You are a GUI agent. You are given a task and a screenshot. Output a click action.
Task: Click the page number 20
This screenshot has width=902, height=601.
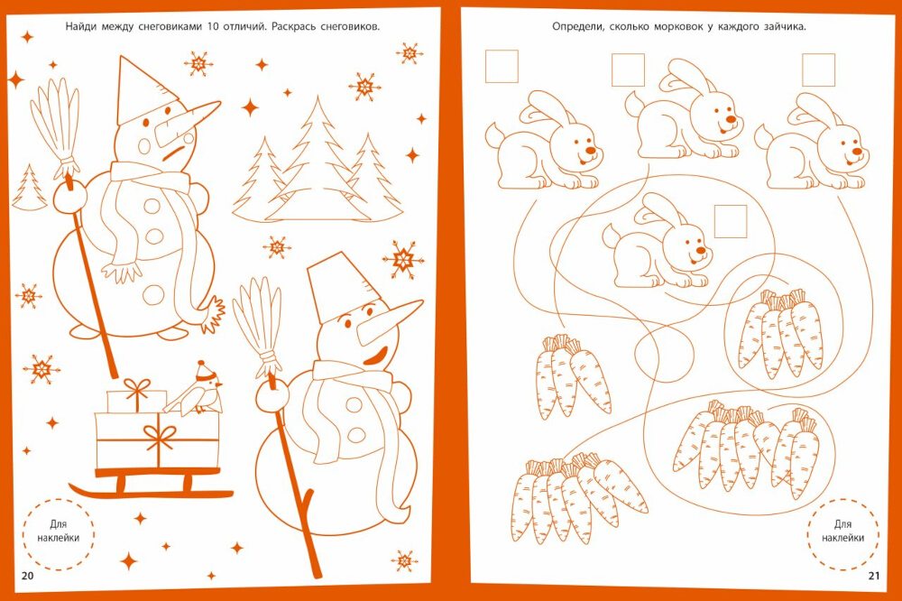click(28, 576)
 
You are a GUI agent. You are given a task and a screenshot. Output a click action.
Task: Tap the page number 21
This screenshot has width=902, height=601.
click(874, 576)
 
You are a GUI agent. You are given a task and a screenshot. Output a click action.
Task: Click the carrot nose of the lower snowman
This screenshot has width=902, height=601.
click(388, 321)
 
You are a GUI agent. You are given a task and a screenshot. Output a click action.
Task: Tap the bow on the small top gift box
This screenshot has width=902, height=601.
click(136, 388)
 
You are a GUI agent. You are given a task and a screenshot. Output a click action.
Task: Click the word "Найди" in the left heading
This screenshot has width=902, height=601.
click(78, 26)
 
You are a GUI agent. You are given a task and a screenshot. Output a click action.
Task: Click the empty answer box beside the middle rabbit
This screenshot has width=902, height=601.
click(730, 222)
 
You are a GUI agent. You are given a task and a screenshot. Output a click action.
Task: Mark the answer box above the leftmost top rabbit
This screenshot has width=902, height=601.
click(502, 66)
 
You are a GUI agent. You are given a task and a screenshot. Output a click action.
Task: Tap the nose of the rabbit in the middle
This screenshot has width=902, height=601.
click(700, 251)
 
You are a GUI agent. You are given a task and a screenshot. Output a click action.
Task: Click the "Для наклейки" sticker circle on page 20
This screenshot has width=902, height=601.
click(59, 533)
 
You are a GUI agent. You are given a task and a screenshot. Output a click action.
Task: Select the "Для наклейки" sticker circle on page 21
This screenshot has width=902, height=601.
click(842, 533)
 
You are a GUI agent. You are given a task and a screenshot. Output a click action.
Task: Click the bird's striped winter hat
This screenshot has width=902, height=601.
click(203, 371)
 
